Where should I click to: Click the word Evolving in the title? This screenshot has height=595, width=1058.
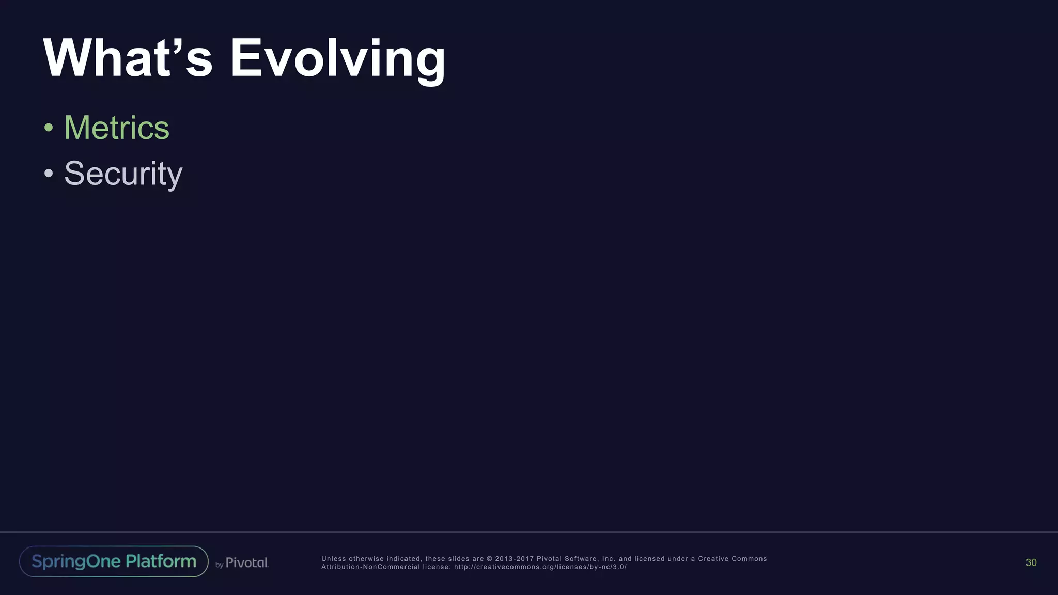pos(337,59)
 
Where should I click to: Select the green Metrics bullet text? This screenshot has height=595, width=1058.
pos(116,128)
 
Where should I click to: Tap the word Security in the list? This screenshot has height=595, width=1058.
pos(123,174)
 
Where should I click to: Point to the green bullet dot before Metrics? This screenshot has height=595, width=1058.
pos(49,128)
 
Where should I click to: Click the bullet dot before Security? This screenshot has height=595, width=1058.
pos(49,174)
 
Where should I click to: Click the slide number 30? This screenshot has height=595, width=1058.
pos(1031,562)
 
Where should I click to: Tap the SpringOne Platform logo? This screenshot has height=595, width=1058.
pos(114,561)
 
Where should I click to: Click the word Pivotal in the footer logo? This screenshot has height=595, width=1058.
pos(246,562)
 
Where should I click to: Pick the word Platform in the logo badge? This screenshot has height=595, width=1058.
pos(161,561)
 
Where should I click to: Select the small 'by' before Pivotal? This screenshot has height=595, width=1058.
pos(219,565)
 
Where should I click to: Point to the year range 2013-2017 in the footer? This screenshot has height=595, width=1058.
pos(514,559)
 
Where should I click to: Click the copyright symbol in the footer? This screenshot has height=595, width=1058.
pos(489,559)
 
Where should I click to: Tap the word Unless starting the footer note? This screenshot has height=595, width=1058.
pos(334,559)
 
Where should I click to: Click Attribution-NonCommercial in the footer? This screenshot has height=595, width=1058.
pos(370,567)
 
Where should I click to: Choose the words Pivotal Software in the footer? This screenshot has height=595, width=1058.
pos(568,559)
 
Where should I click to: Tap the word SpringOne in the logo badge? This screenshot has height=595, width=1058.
pos(76,561)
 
